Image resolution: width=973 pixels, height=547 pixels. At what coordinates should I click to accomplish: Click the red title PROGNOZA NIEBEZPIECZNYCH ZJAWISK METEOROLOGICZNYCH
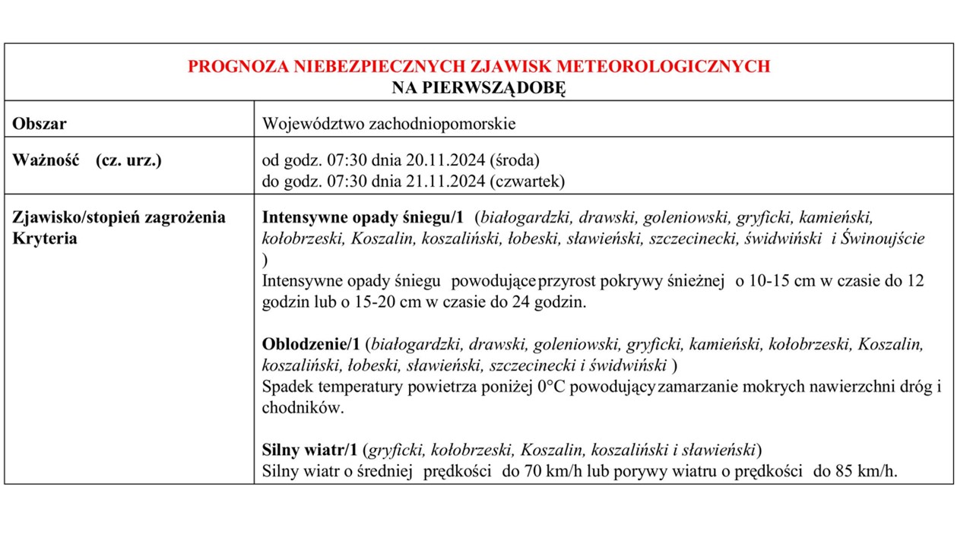coord(479,67)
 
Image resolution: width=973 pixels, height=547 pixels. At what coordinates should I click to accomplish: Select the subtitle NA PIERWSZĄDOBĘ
coord(479,87)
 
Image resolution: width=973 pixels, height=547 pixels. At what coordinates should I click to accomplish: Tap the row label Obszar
coord(40,123)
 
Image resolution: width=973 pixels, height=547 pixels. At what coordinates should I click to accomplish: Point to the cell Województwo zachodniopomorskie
coord(388,123)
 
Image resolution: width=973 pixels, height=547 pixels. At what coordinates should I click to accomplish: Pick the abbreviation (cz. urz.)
coord(128,160)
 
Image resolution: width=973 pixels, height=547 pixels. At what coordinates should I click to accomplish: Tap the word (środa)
coord(515,160)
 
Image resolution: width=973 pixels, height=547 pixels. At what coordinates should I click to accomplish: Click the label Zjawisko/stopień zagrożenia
coord(119,217)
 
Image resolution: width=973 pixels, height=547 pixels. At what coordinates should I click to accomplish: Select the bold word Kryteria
coord(45,239)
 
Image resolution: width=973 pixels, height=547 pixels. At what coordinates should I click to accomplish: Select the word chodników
coord(303,408)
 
